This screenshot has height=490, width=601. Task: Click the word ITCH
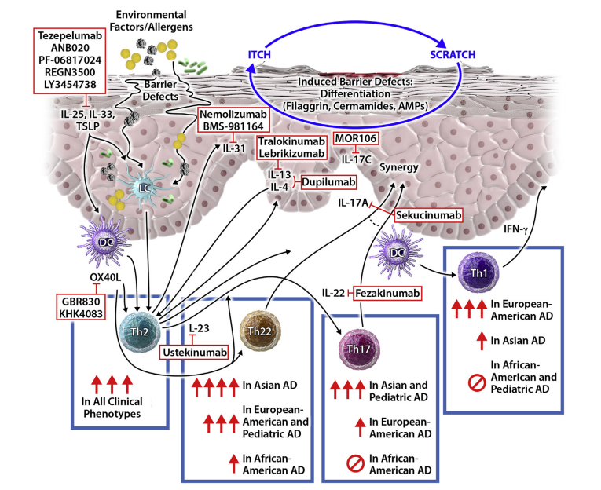262,55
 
